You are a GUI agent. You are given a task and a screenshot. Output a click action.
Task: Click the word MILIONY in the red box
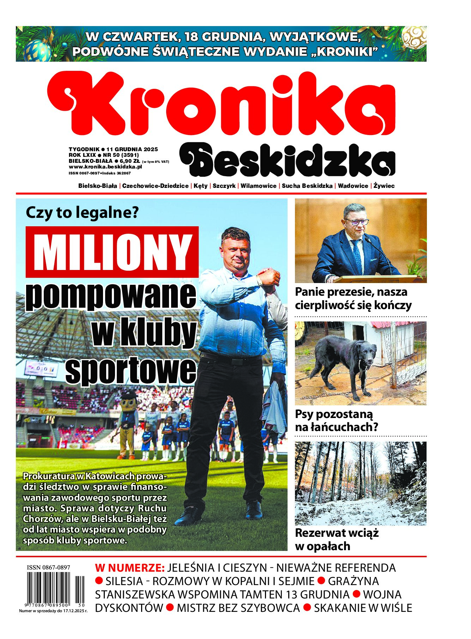(x=112, y=252)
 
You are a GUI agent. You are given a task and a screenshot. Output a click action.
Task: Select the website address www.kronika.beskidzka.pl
(x=105, y=167)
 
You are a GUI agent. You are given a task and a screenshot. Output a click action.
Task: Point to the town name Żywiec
(x=384, y=186)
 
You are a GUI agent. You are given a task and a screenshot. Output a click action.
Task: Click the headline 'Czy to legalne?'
(x=83, y=213)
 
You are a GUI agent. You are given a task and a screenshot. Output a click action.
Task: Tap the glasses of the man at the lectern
(x=357, y=222)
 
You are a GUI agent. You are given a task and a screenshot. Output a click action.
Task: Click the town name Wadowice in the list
(x=353, y=186)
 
